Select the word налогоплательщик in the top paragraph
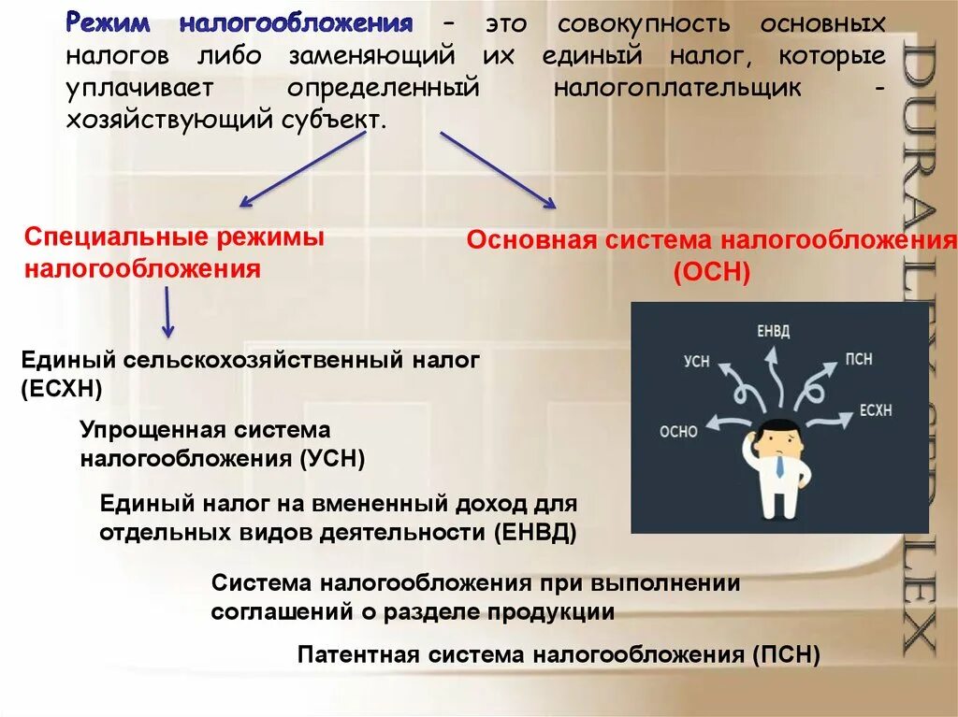click(x=677, y=88)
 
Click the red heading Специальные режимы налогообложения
click(x=174, y=253)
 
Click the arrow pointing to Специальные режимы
click(x=301, y=169)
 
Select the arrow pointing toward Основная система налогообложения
click(x=498, y=169)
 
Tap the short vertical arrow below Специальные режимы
click(x=167, y=312)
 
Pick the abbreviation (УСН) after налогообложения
click(x=332, y=459)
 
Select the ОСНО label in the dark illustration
click(x=678, y=431)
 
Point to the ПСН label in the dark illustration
click(x=859, y=359)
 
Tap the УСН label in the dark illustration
click(x=697, y=361)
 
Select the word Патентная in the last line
click(x=358, y=654)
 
